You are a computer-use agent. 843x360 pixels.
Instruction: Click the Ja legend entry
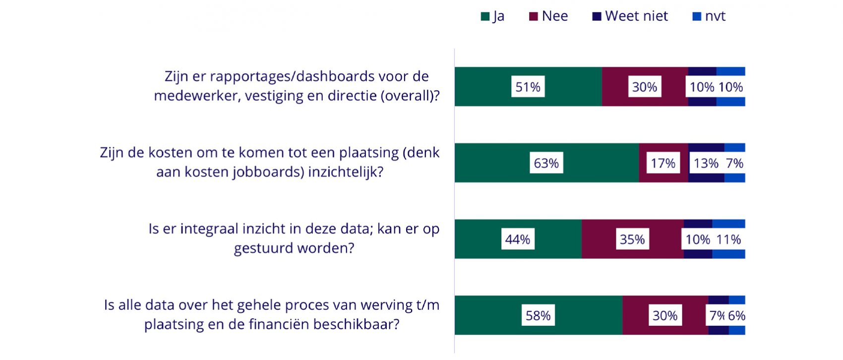pos(493,16)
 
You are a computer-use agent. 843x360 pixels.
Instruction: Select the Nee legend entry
pos(548,16)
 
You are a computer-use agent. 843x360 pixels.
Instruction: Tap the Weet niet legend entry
pos(630,16)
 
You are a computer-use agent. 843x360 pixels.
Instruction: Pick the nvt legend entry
pos(709,16)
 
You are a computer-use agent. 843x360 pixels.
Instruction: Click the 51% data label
pos(528,87)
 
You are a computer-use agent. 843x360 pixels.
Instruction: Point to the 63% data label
pos(546,163)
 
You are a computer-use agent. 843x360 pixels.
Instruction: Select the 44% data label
pos(517,240)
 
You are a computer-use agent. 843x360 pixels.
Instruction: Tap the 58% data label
pos(538,316)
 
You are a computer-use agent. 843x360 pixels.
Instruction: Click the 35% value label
pos(632,240)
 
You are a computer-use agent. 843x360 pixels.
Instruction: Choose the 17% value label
pos(663,163)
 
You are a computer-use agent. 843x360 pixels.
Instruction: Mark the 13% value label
pos(706,163)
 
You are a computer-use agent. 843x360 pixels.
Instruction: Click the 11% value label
pos(728,240)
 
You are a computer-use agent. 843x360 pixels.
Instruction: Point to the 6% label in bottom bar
pos(736,316)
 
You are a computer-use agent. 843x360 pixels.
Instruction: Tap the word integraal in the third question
pos(208,229)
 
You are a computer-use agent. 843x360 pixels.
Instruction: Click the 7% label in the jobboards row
pos(734,163)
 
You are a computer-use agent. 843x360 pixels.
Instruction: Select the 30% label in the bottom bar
pos(665,316)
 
